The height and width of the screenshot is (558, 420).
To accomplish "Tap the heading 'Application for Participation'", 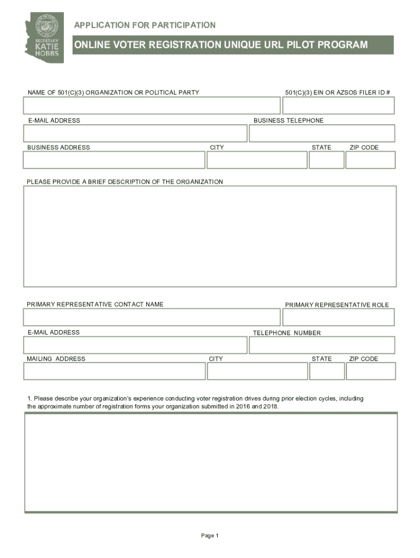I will (145, 25).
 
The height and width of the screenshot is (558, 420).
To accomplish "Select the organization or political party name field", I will (152, 106).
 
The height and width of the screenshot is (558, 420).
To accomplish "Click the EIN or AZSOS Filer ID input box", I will (338, 106).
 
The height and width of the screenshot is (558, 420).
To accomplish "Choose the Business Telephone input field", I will (322, 133).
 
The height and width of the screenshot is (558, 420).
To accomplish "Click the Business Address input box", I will (114, 160).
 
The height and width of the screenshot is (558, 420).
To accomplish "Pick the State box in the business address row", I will (326, 160).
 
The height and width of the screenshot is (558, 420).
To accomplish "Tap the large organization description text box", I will (209, 236).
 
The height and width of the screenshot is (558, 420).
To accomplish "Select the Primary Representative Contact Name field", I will (152, 317).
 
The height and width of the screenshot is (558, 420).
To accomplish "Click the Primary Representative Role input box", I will (338, 317).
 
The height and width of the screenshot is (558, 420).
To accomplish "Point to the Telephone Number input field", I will (322, 345).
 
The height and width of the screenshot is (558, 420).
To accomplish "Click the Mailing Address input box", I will (114, 371).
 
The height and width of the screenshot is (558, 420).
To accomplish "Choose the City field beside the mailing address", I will (257, 371).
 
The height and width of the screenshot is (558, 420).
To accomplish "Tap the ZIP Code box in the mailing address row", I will (371, 371).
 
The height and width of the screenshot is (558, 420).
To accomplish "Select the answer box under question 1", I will (211, 462).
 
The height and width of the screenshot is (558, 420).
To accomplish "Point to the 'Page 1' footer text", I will (209, 536).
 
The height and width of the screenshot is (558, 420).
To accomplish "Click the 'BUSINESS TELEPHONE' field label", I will (288, 120).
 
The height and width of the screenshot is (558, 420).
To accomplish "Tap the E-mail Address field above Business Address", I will (135, 133).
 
